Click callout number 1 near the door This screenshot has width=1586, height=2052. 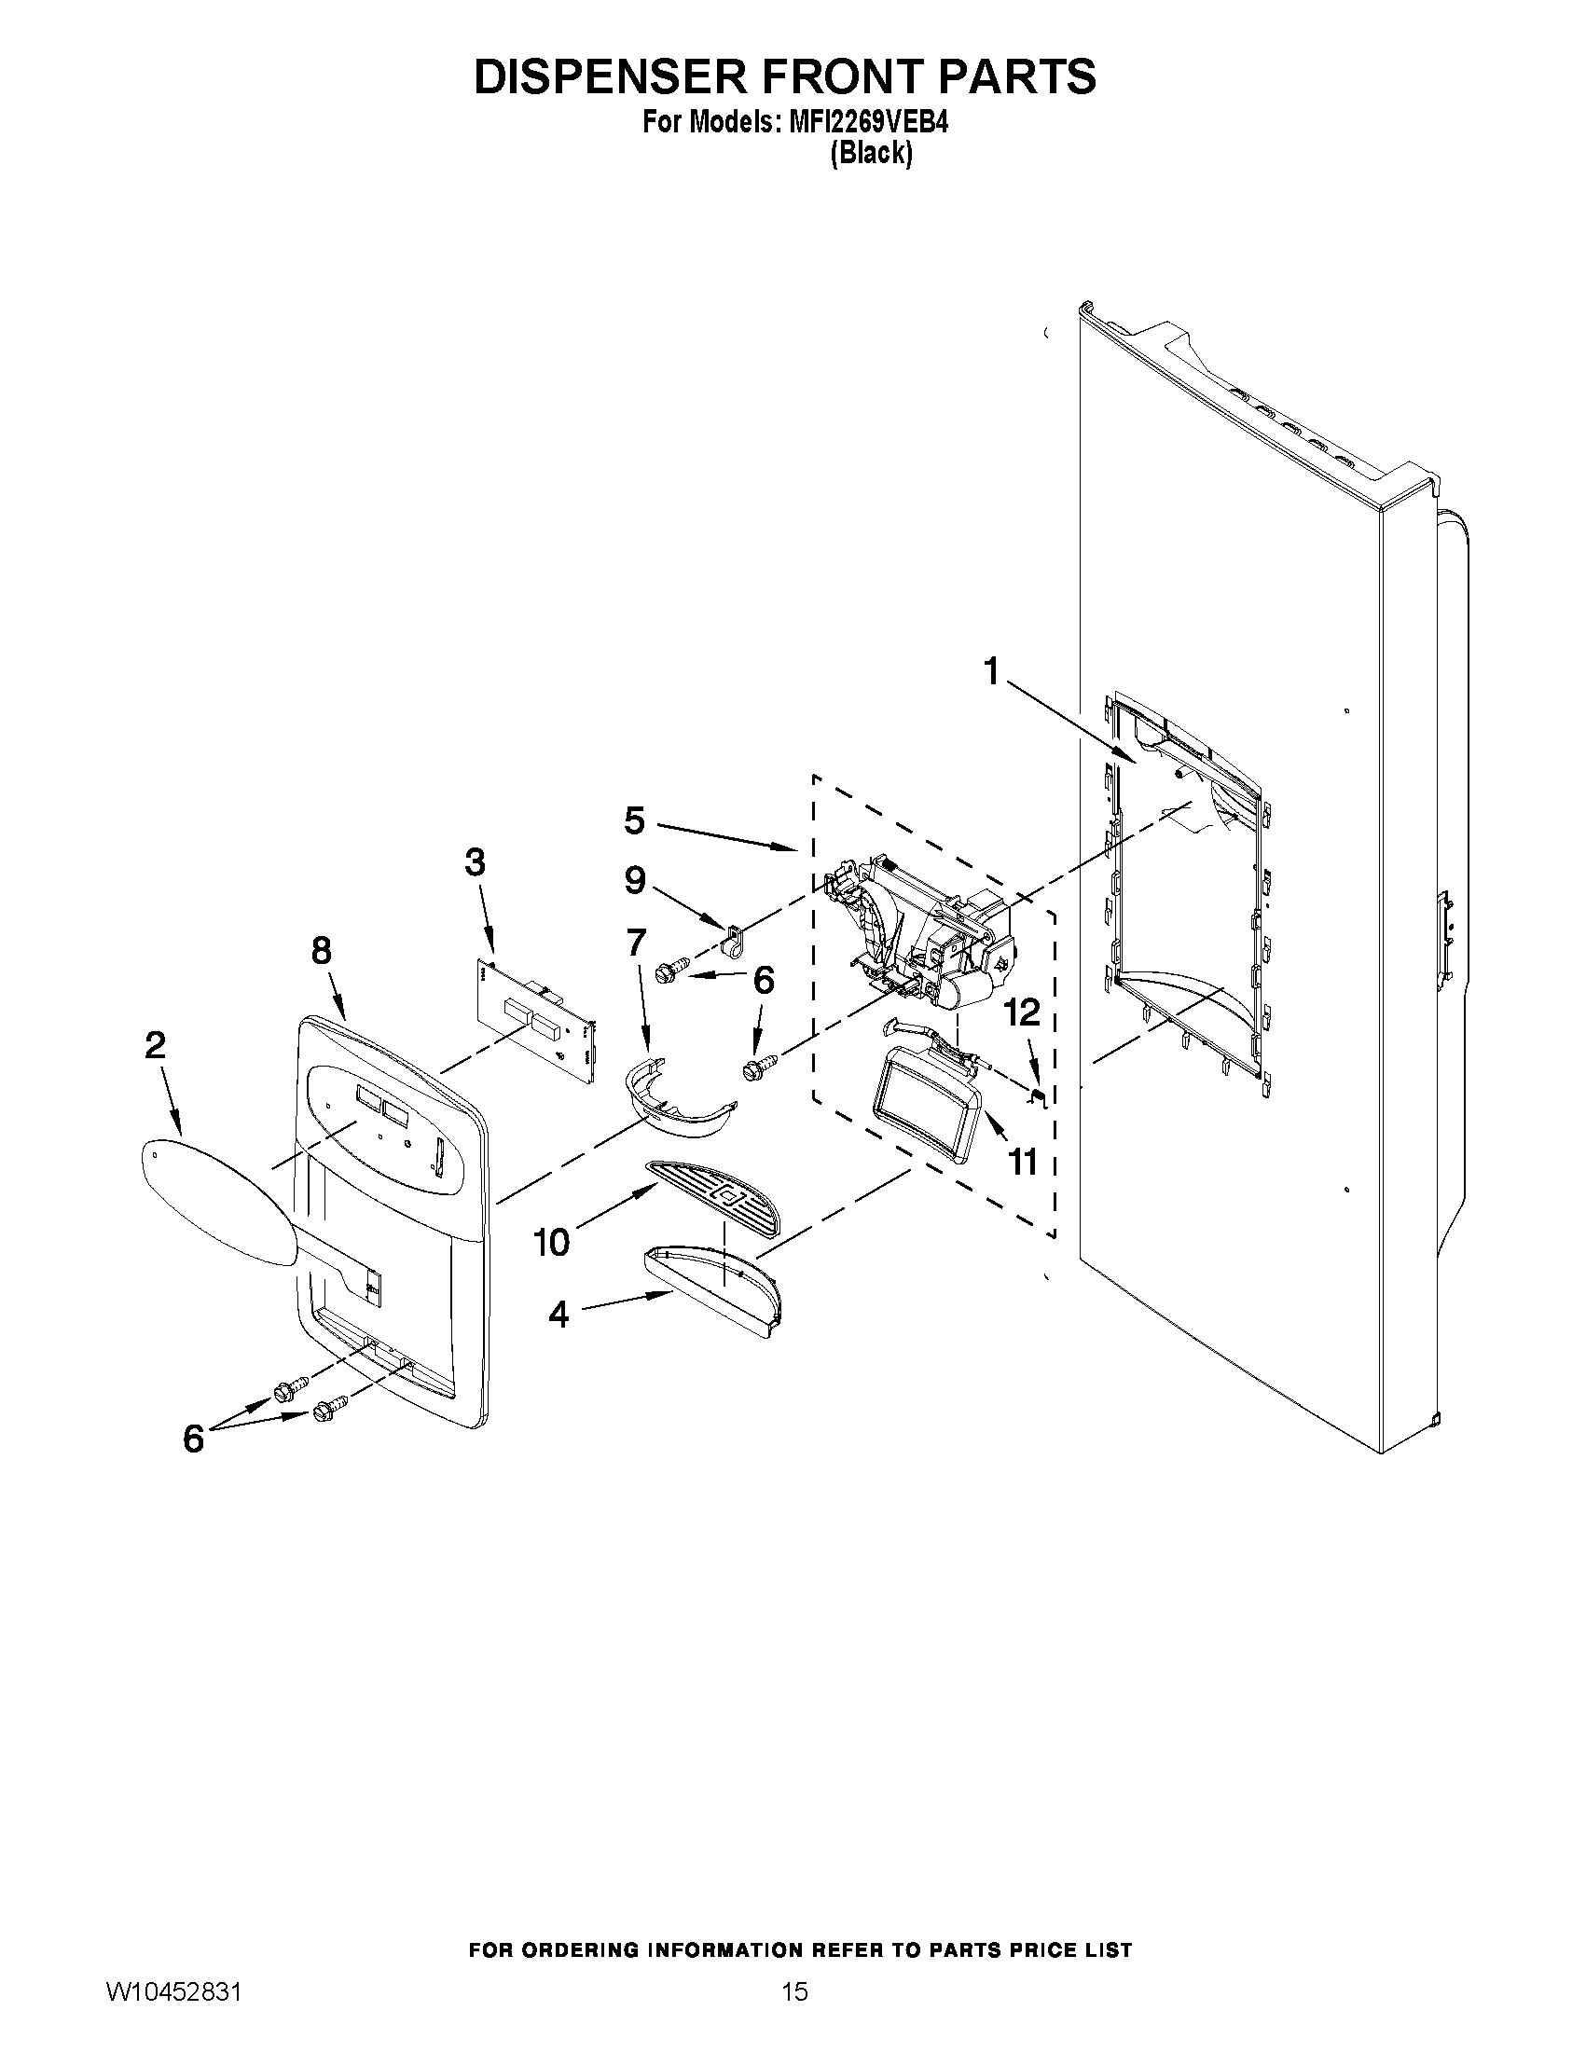click(x=991, y=673)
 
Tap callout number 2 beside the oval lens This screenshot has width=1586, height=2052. click(x=155, y=1046)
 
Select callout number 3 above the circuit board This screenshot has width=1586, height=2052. click(x=476, y=861)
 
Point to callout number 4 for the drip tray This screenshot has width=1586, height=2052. click(x=559, y=1315)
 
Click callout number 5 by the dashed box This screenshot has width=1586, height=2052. click(x=635, y=820)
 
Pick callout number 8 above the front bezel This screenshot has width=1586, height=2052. click(x=322, y=951)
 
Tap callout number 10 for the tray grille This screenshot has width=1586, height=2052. click(x=552, y=1243)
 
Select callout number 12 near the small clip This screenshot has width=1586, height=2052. click(x=1022, y=1012)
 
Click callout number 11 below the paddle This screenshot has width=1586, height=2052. click(x=1022, y=1163)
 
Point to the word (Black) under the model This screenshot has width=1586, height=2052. click(x=871, y=153)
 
